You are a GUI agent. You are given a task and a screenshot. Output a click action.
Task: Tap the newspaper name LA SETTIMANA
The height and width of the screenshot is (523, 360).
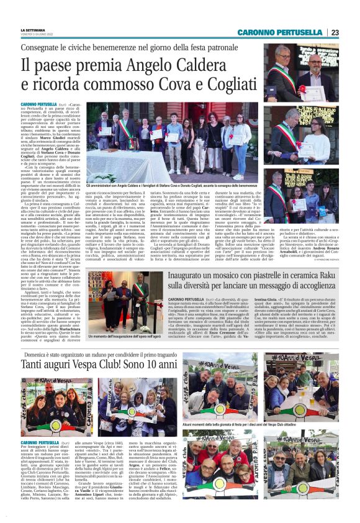33,30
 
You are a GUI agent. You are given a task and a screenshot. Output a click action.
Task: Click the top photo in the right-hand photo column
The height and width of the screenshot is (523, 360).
300,72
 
